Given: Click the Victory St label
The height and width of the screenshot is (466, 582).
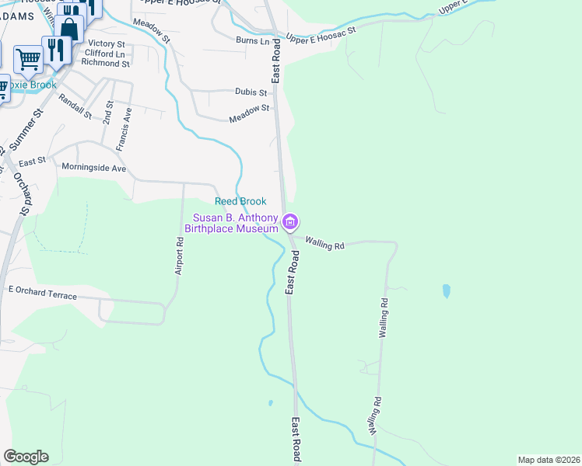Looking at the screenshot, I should coord(107,43).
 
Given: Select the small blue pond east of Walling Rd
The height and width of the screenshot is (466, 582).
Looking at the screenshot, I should coord(446,291).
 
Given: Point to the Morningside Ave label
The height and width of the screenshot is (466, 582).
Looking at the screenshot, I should coord(93,168).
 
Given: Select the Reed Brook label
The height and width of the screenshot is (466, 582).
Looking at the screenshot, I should coord(240,201).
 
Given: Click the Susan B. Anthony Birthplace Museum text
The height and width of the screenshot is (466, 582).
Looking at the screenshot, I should coord(231,223).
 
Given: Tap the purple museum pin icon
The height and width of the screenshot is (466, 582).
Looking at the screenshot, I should coord(290,223).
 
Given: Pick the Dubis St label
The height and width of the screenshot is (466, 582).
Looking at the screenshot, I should coord(251,92).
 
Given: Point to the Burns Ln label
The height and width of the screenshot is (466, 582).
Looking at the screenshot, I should coord(252,40).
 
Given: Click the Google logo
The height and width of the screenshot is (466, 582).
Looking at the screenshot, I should coord(26,457).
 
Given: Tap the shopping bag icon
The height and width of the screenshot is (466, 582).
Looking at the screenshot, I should coord(69,30).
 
